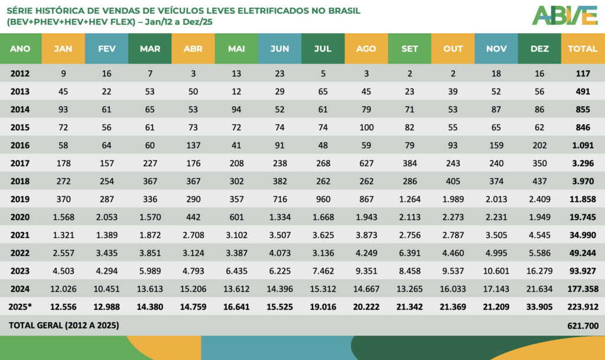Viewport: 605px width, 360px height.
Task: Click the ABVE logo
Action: click(564, 15)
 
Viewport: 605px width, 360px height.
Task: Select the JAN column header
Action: click(63, 49)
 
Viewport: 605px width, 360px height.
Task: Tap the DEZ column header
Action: click(539, 49)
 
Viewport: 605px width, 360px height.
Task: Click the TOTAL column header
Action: click(583, 49)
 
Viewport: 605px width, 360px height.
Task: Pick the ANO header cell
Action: click(21, 49)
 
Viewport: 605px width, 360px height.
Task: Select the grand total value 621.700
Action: click(583, 325)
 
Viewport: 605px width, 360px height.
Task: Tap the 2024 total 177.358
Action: click(583, 290)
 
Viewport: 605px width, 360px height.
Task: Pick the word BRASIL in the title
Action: click(339, 11)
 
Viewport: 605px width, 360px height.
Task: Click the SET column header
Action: click(409, 49)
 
